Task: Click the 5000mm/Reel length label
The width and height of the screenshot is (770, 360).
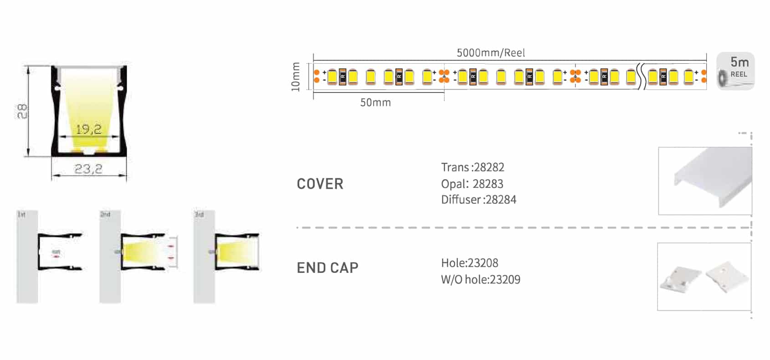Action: pyautogui.click(x=491, y=53)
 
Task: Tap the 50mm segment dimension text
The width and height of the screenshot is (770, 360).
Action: pyautogui.click(x=375, y=103)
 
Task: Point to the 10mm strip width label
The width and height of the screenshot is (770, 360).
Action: pyautogui.click(x=296, y=77)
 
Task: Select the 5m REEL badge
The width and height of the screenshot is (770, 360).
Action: pyautogui.click(x=735, y=71)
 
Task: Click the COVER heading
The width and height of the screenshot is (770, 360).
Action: pyautogui.click(x=320, y=184)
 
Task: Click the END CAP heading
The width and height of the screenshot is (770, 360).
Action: pyautogui.click(x=327, y=268)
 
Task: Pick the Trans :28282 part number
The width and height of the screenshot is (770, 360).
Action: pyautogui.click(x=472, y=167)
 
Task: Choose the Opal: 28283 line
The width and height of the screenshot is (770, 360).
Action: pyautogui.click(x=472, y=184)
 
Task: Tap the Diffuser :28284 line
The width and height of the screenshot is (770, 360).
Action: pyautogui.click(x=478, y=200)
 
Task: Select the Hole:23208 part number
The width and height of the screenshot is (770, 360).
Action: pyautogui.click(x=469, y=263)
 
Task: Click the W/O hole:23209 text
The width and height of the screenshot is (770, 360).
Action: pyautogui.click(x=480, y=279)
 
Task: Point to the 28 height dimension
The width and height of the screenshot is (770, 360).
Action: pyautogui.click(x=22, y=111)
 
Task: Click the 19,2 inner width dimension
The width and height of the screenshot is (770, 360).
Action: pyautogui.click(x=88, y=130)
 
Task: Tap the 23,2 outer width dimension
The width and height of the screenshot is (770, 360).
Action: pyautogui.click(x=88, y=170)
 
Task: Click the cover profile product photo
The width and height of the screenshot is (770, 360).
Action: pyautogui.click(x=705, y=181)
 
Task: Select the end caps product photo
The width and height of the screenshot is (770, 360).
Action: pyautogui.click(x=704, y=277)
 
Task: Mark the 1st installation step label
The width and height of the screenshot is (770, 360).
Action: pyautogui.click(x=21, y=214)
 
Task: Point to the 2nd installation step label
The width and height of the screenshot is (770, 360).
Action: pyautogui.click(x=105, y=214)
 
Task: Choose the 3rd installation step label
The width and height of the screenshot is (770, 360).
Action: pyautogui.click(x=199, y=214)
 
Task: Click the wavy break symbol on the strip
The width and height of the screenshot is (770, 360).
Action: pyautogui.click(x=642, y=77)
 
